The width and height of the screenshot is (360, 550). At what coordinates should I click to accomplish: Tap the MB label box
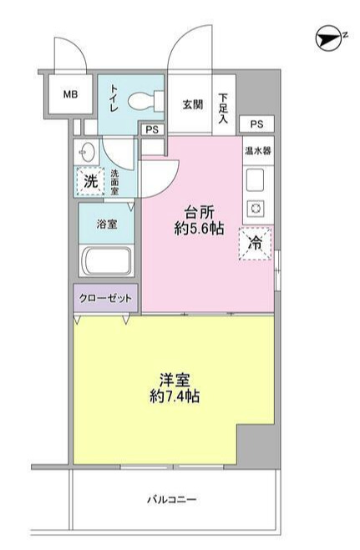click(70, 93)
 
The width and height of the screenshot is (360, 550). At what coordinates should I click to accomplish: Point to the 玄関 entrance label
click(193, 104)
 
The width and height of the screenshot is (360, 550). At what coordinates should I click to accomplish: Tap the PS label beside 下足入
click(256, 124)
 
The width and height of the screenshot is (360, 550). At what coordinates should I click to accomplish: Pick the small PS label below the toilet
click(152, 129)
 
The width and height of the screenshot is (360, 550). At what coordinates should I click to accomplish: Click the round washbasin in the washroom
click(87, 153)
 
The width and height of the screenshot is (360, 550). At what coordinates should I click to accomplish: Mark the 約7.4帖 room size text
click(173, 395)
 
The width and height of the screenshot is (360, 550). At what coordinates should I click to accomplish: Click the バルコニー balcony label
click(172, 500)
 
